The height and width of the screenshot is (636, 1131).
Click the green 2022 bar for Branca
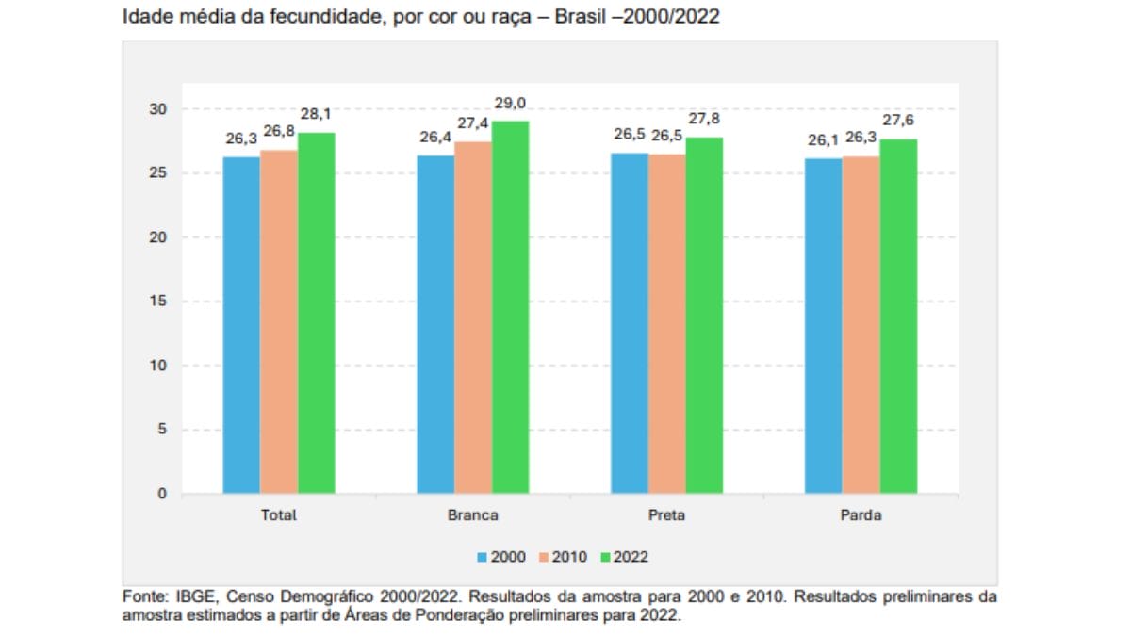pyautogui.click(x=510, y=307)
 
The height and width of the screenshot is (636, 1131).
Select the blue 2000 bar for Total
pyautogui.click(x=241, y=325)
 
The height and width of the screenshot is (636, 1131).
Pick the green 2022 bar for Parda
pyautogui.click(x=898, y=317)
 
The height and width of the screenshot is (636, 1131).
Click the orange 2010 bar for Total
pyautogui.click(x=279, y=321)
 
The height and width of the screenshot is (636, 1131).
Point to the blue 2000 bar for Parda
pyautogui.click(x=823, y=326)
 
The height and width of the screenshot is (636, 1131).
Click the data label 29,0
pyautogui.click(x=510, y=103)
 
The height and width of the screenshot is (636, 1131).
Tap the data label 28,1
pyautogui.click(x=316, y=114)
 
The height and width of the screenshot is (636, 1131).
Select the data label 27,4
pyautogui.click(x=472, y=123)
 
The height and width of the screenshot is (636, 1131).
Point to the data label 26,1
pyautogui.click(x=823, y=140)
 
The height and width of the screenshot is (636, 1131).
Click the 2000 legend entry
pyautogui.click(x=500, y=557)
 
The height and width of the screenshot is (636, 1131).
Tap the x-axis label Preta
pyautogui.click(x=666, y=515)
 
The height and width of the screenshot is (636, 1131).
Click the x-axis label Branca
pyautogui.click(x=473, y=515)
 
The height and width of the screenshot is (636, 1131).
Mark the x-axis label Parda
pyautogui.click(x=861, y=515)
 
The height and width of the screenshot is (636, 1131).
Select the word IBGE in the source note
pyautogui.click(x=192, y=596)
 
